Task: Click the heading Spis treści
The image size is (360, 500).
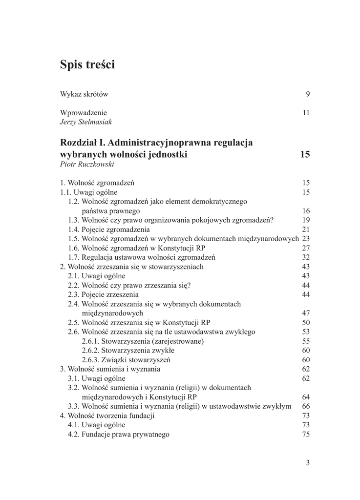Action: [87, 64]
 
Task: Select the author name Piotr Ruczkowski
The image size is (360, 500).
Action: [87, 164]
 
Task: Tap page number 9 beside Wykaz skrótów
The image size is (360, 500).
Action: [308, 94]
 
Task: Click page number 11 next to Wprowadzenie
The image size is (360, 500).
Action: [306, 112]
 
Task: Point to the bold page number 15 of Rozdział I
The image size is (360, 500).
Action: [305, 154]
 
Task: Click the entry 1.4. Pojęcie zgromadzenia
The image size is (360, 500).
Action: [109, 229]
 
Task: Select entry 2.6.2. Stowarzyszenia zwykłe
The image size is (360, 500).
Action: [128, 350]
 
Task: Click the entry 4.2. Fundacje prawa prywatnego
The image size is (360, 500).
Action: [119, 434]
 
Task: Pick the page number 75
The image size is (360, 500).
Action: [306, 434]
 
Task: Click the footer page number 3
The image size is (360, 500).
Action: [308, 463]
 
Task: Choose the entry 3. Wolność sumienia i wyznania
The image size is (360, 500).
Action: [110, 369]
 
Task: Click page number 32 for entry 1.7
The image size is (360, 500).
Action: [306, 257]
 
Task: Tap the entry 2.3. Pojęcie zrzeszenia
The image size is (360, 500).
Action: [103, 294]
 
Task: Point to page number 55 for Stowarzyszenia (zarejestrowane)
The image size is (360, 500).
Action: [306, 341]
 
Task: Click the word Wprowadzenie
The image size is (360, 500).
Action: [84, 112]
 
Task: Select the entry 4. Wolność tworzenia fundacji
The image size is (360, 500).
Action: [107, 416]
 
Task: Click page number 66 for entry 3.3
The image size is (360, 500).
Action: [306, 406]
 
